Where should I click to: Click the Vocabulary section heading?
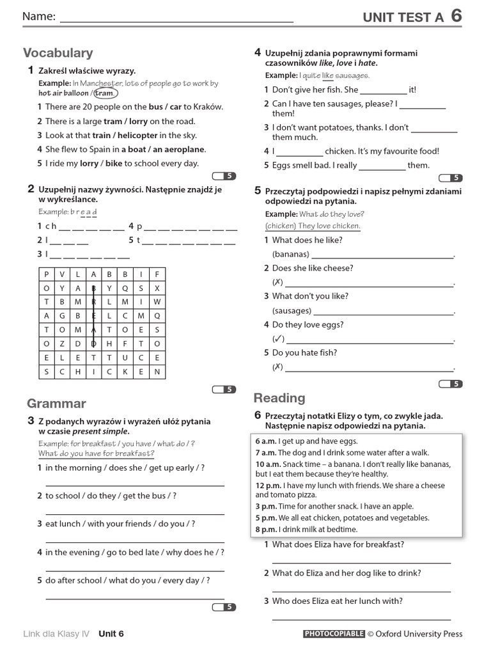click(58, 53)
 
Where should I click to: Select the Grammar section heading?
click(56, 404)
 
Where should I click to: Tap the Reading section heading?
click(279, 398)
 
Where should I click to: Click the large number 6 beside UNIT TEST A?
click(456, 16)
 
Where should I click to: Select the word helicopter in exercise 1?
click(133, 135)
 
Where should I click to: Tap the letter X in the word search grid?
click(157, 288)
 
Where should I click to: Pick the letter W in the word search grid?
click(157, 302)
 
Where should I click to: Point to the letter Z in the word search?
click(62, 343)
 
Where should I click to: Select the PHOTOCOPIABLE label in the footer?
click(333, 634)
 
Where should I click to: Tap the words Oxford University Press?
click(419, 634)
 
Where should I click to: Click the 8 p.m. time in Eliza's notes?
click(266, 530)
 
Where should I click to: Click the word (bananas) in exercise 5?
click(291, 255)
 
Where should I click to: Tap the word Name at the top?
click(39, 17)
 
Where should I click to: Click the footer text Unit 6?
click(111, 634)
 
